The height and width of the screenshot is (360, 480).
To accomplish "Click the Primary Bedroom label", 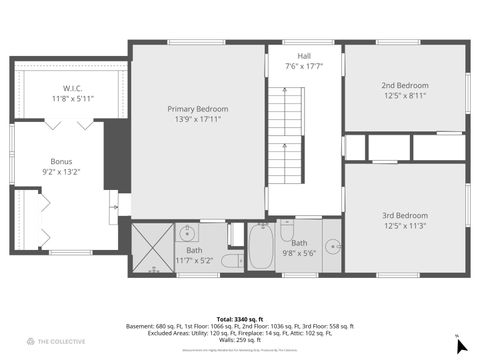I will (198, 109).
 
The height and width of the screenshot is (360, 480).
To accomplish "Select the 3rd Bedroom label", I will (405, 215).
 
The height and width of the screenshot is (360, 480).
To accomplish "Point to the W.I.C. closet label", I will (71, 88).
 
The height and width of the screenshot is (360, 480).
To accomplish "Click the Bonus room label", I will (62, 160).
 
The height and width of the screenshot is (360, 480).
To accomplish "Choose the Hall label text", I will (303, 55).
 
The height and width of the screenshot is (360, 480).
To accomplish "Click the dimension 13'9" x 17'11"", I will (198, 119).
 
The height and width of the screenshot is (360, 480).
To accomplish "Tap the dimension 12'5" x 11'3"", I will (405, 225).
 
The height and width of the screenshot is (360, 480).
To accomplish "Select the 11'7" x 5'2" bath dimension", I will (194, 260).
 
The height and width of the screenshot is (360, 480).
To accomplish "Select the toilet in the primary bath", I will (230, 262).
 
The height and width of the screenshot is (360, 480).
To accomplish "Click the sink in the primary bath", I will (189, 235).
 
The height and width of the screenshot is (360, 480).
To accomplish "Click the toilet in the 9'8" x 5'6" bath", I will (287, 229).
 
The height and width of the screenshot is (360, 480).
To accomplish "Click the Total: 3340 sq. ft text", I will (240, 317).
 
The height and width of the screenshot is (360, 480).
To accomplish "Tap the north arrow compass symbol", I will (460, 345).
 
